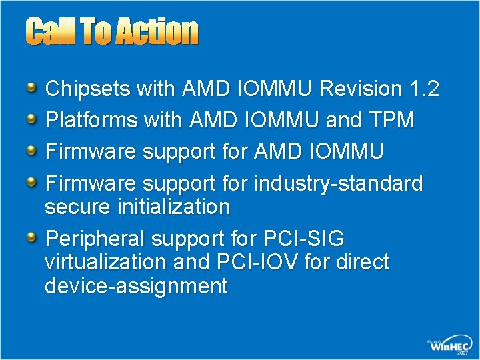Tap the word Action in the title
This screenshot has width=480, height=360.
(157, 31)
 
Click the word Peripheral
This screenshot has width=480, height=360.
(95, 239)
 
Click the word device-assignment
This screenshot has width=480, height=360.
(135, 286)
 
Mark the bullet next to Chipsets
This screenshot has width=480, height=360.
(31, 88)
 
